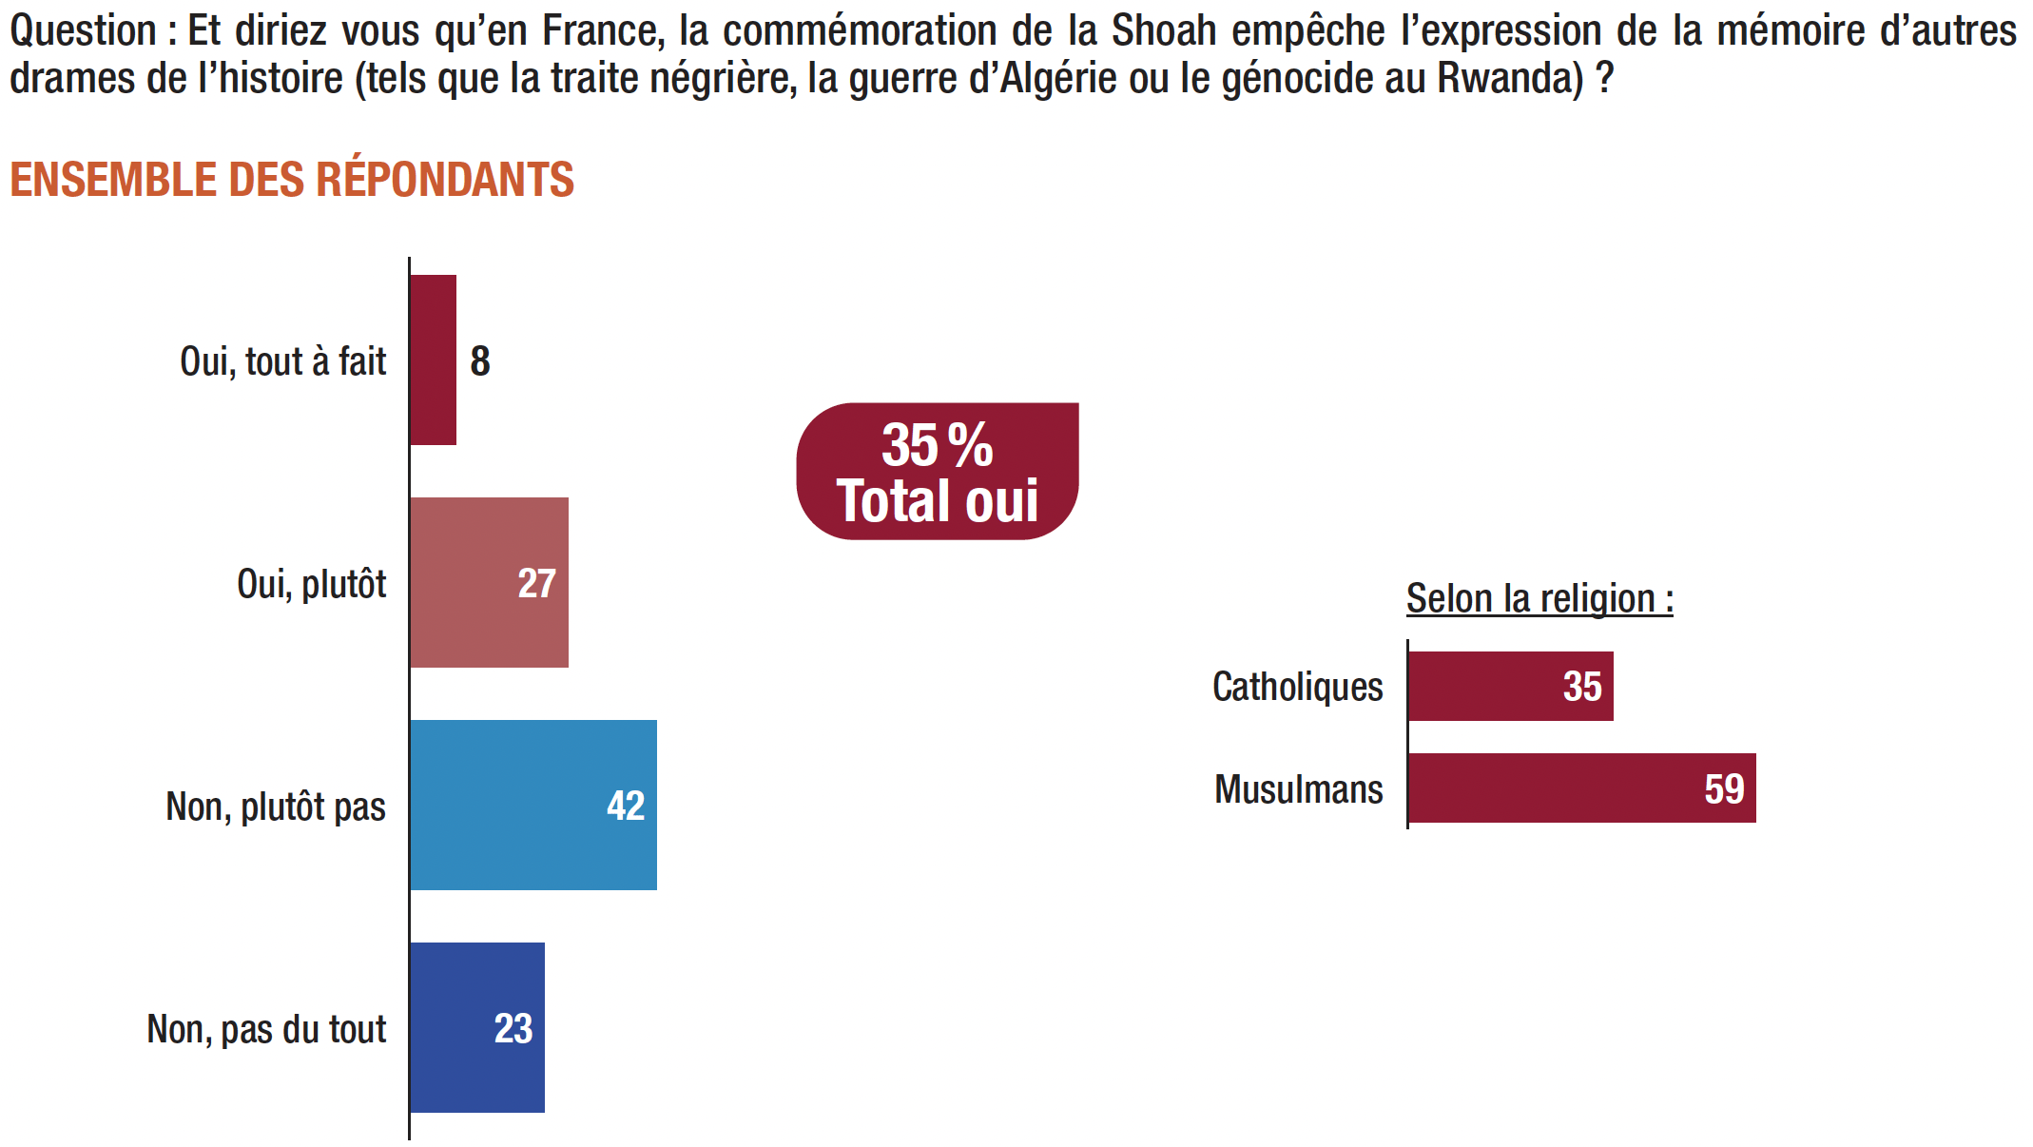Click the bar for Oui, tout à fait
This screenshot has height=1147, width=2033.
click(x=434, y=360)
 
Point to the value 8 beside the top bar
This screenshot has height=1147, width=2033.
click(x=480, y=361)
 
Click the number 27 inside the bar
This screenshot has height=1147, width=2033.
click(x=536, y=583)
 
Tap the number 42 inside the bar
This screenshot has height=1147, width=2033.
click(x=626, y=806)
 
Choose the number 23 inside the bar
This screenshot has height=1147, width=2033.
click(x=513, y=1028)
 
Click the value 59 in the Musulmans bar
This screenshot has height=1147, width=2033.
click(x=1724, y=788)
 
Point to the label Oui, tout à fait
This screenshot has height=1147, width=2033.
click(x=282, y=361)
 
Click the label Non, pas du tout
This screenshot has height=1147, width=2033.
click(x=266, y=1029)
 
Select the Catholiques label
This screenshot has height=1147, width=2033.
click(x=1297, y=687)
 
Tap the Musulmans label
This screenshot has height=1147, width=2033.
click(x=1298, y=789)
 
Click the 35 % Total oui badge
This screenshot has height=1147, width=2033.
click(x=938, y=472)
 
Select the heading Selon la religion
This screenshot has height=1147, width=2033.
click(x=1539, y=599)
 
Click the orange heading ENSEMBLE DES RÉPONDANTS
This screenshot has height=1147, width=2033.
click(x=292, y=180)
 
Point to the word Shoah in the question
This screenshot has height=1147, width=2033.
click(x=1164, y=30)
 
